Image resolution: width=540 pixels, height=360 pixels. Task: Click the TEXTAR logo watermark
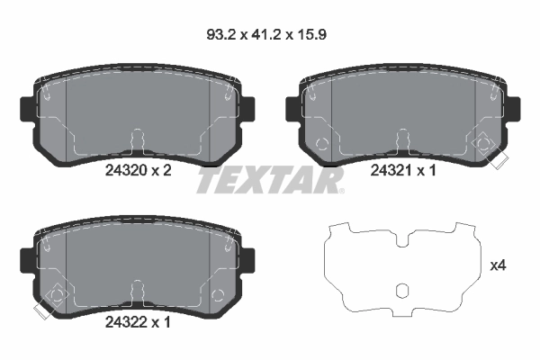270,181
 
